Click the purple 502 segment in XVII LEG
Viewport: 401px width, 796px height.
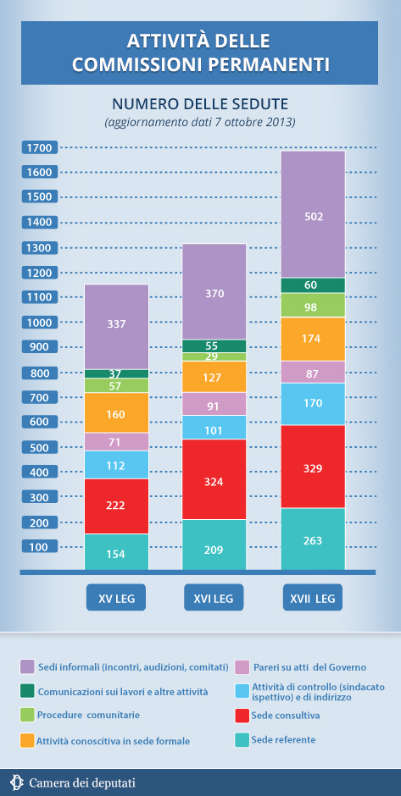(x=313, y=214)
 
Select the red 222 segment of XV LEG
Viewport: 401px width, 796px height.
(x=116, y=506)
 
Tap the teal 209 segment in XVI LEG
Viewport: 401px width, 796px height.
(x=214, y=544)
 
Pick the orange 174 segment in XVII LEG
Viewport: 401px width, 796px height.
(x=313, y=339)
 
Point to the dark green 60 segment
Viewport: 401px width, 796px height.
(x=313, y=285)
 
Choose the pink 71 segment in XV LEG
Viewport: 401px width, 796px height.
(x=116, y=442)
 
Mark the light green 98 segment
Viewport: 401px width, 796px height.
(x=313, y=305)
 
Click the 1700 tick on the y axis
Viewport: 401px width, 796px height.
(x=40, y=147)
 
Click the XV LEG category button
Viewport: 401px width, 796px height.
(x=116, y=597)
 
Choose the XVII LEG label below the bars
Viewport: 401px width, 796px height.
(x=313, y=597)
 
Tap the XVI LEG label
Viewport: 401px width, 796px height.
(x=214, y=597)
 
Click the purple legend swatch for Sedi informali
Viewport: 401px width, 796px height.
(x=27, y=666)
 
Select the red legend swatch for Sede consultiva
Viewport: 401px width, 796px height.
(x=242, y=716)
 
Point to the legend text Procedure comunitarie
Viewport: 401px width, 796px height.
(x=88, y=715)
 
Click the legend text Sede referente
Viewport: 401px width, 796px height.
(x=283, y=739)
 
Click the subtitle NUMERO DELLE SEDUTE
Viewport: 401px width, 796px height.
(x=200, y=104)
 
